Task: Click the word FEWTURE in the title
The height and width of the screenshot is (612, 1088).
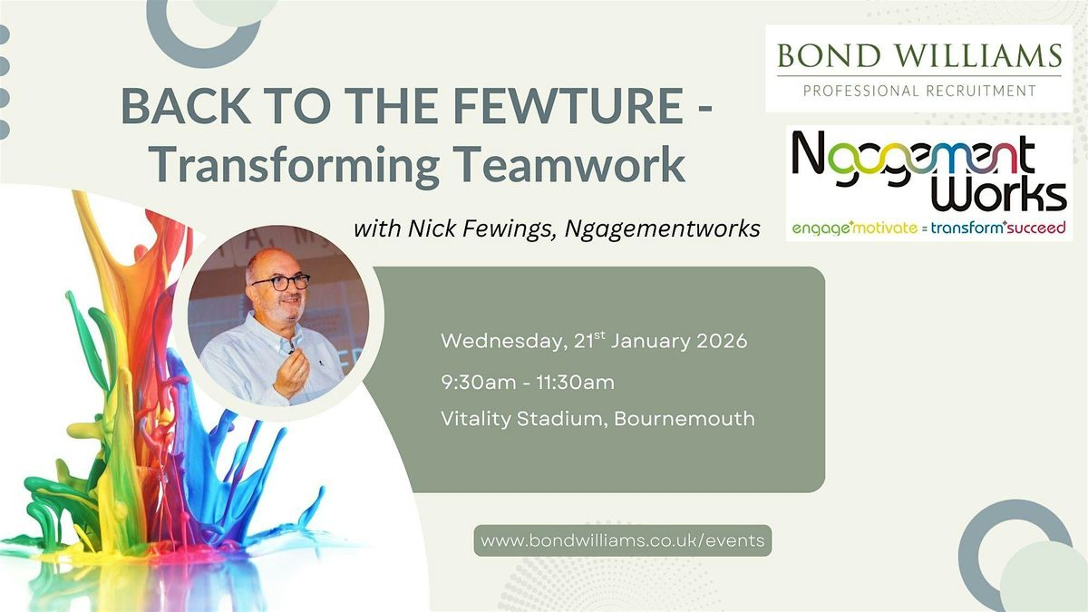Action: (x=568, y=105)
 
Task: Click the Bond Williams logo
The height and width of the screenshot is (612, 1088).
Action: (x=918, y=69)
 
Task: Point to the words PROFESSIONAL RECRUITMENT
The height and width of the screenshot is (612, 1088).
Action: (x=919, y=91)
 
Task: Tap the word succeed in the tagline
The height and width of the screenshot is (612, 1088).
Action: (x=1036, y=228)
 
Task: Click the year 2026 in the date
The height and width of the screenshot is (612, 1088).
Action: (x=722, y=341)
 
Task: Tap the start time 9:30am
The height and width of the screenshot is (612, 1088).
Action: (x=479, y=383)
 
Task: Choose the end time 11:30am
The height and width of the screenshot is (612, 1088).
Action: (x=576, y=383)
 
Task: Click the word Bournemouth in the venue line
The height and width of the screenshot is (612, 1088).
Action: (x=685, y=419)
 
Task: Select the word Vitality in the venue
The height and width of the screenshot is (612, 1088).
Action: (x=475, y=420)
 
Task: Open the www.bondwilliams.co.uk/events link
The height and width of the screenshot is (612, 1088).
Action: (x=623, y=540)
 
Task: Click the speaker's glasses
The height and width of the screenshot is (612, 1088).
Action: (x=281, y=282)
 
